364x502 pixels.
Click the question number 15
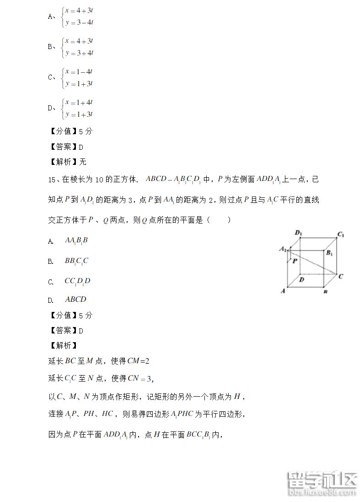point(52,180)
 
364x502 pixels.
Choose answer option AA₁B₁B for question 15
point(76,240)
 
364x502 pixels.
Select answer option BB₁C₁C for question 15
point(76,261)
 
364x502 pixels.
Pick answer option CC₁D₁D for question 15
point(77,281)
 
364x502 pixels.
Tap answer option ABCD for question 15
point(75,300)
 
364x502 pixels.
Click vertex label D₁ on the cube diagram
point(299,233)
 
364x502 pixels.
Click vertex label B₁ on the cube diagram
point(329,253)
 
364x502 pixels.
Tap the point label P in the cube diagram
point(295,260)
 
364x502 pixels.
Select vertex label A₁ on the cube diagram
point(283,249)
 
